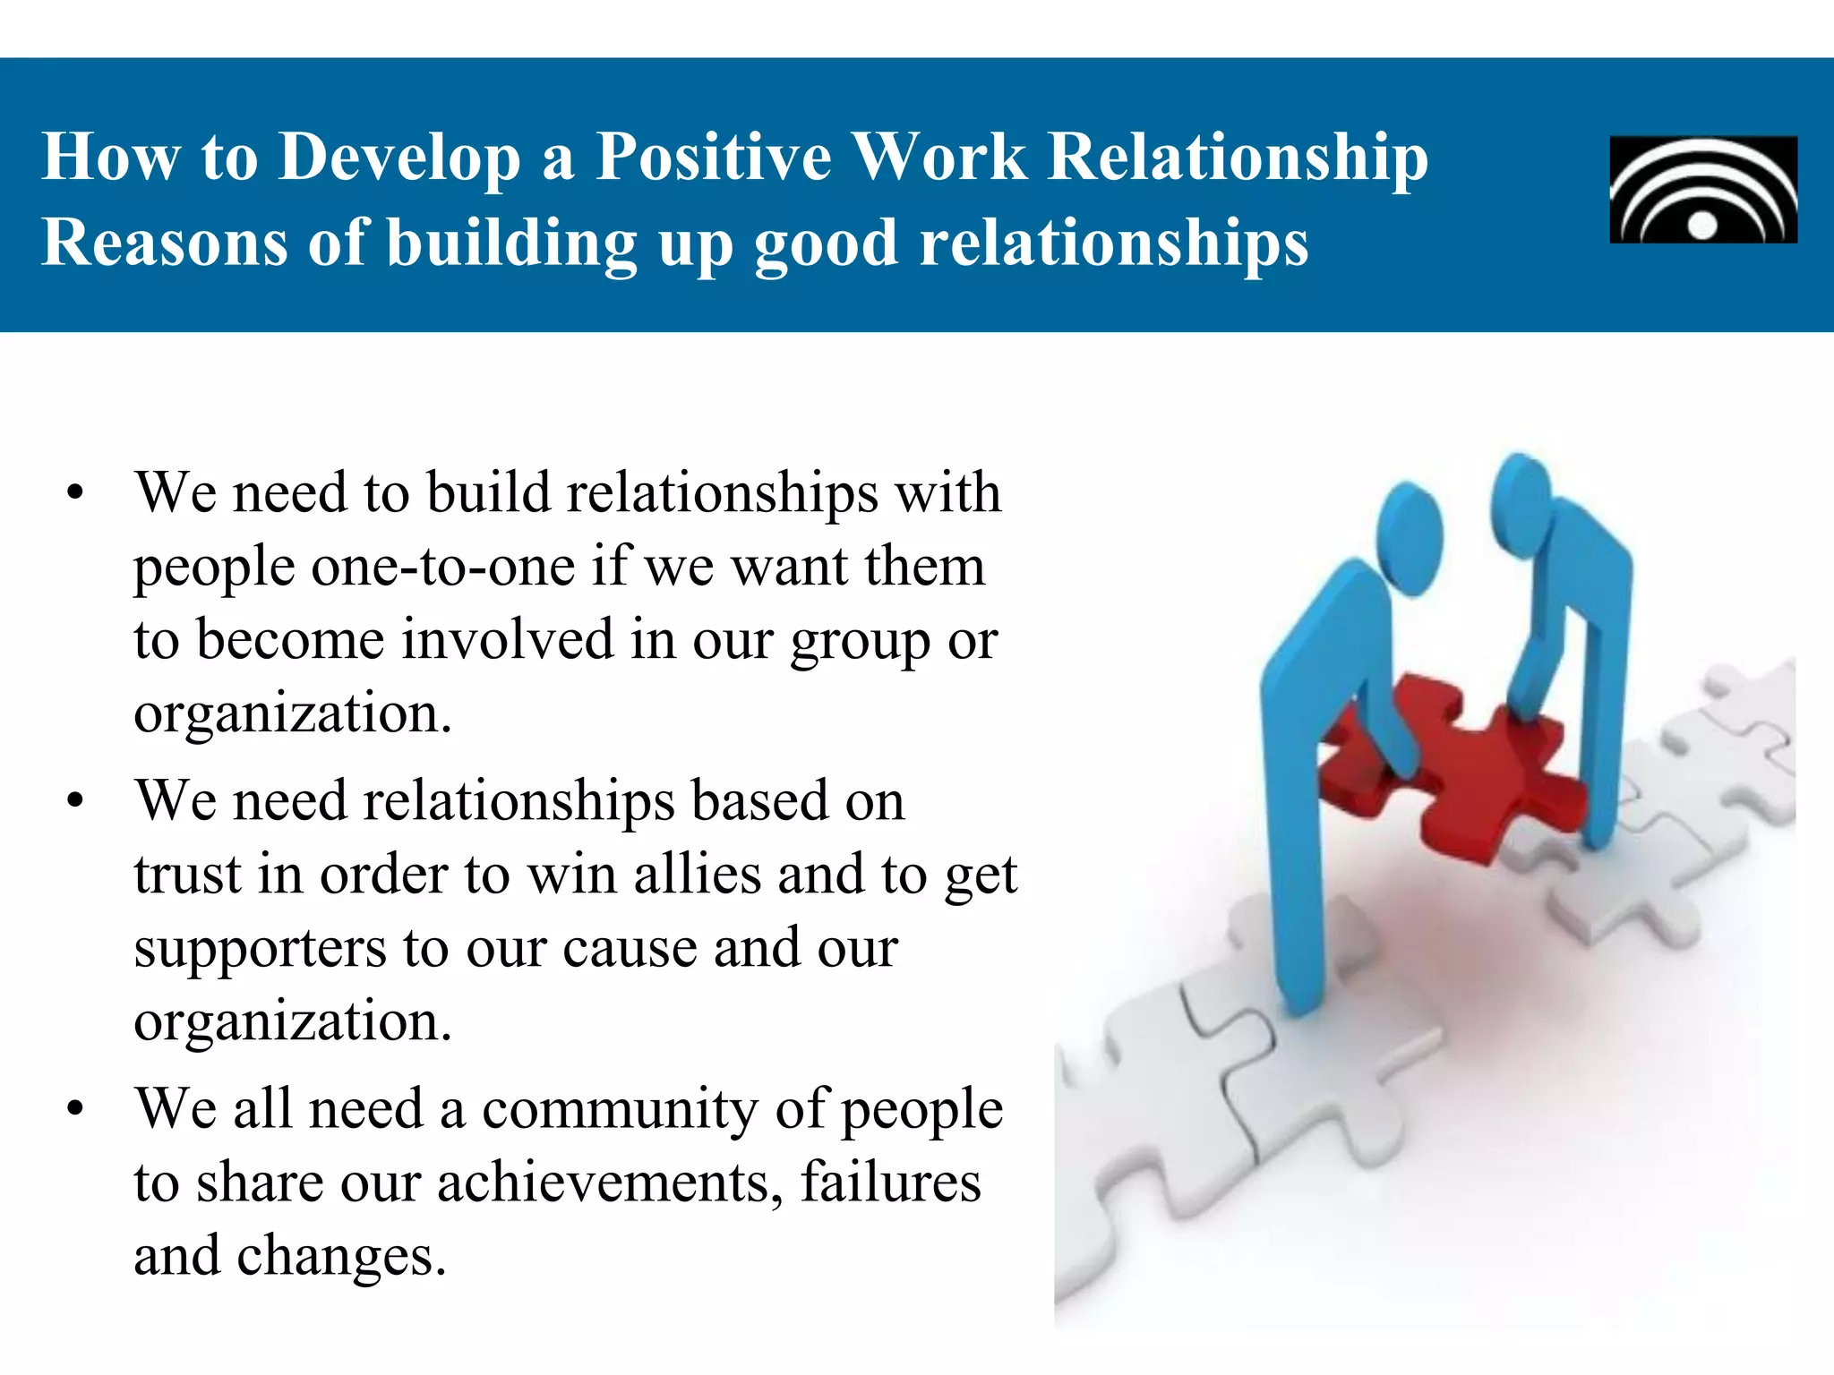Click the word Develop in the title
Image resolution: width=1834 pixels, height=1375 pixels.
pos(399,158)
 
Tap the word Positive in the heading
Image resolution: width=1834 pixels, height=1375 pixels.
pos(713,157)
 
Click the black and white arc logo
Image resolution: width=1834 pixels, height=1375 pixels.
pos(1702,189)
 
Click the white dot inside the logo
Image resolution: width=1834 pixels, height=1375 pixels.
pos(1702,225)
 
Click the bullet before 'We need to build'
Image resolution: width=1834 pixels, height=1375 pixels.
pos(75,493)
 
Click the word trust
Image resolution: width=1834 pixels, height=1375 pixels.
pos(187,875)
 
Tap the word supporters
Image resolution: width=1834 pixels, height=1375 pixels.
pos(260,948)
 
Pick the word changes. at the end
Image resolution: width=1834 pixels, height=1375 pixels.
pos(340,1256)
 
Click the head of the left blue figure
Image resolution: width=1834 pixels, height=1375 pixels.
pos(1409,537)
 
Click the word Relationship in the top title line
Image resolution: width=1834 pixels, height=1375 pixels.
pos(1237,157)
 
